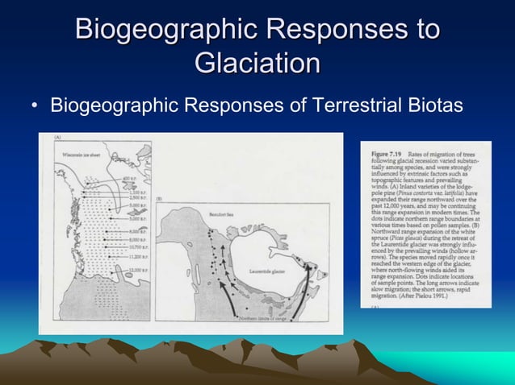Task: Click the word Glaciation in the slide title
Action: click(257, 63)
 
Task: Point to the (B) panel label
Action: click(160, 198)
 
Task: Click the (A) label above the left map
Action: click(57, 139)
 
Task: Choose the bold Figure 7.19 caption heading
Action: click(384, 153)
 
